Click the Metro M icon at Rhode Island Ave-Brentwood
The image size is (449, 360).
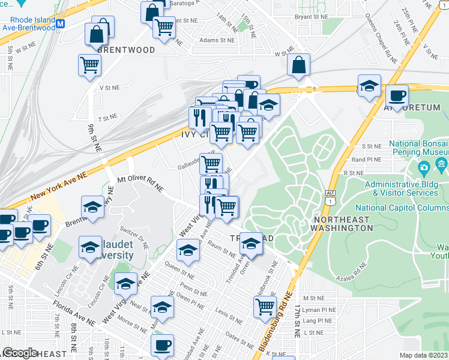pyautogui.click(x=60, y=24)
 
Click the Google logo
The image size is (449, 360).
pyautogui.click(x=19, y=353)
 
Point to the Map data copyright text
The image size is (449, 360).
pyautogui.click(x=423, y=355)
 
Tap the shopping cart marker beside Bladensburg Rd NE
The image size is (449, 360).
pyautogui.click(x=264, y=307)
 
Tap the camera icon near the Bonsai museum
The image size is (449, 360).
pyautogui.click(x=425, y=166)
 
